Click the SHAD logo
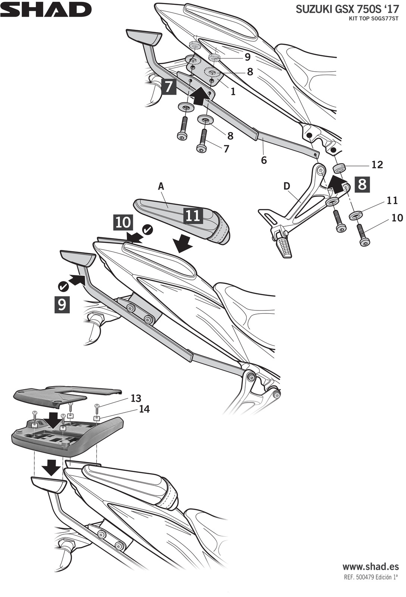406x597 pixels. [46, 10]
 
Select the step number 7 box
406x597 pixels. [169, 86]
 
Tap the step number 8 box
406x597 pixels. [362, 184]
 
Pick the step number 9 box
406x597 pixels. [62, 304]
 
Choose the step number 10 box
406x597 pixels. [123, 222]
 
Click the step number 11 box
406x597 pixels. [193, 215]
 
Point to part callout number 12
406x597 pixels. [377, 165]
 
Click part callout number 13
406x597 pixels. [136, 398]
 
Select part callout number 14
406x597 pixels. [144, 409]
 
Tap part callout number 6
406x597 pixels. [264, 160]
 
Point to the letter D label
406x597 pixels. [287, 186]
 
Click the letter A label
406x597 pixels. [161, 186]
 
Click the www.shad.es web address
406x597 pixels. [370, 567]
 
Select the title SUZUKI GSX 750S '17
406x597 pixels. [347, 10]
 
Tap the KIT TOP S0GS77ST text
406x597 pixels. [374, 18]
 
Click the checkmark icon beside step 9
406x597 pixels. [63, 286]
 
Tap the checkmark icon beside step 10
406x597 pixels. [148, 229]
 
